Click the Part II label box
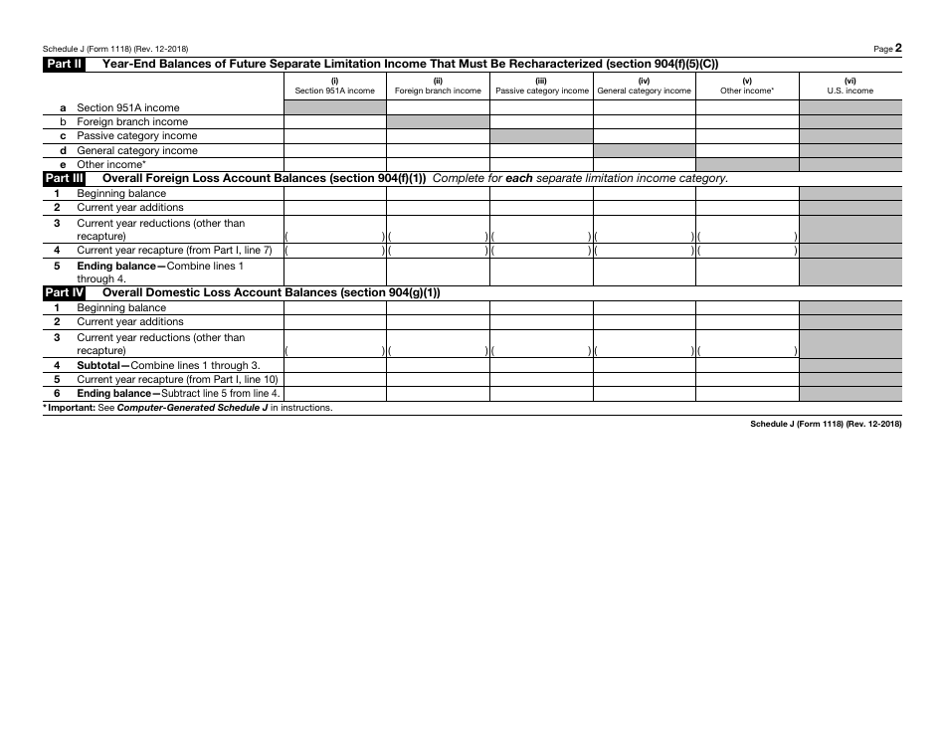pos(64,64)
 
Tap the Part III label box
pos(64,178)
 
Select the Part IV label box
pos(64,292)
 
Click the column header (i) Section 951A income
pos(335,87)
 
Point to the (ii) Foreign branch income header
pos(438,87)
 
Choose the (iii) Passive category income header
pos(542,87)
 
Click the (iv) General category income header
pos(645,87)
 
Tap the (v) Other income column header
pos(747,87)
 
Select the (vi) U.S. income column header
pos(850,87)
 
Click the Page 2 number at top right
pos(888,48)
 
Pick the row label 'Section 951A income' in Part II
pos(128,107)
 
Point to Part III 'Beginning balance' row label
pos(121,193)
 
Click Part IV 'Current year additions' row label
pos(130,322)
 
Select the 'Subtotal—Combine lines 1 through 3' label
pos(168,365)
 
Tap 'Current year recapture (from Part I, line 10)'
pos(177,379)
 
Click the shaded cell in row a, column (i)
pos(335,107)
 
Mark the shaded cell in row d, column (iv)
pos(645,150)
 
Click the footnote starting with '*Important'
pos(188,408)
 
